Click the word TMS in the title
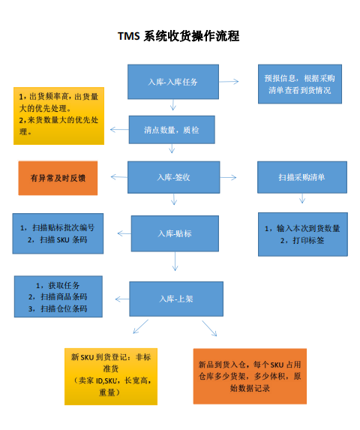129,36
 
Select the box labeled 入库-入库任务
173,82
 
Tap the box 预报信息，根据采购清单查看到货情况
300,84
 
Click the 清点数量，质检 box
172,130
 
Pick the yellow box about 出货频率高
59,116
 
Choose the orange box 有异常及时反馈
58,178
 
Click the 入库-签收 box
174,177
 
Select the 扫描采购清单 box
302,177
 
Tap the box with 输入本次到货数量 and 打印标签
303,234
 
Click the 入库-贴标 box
175,233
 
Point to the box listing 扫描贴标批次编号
58,233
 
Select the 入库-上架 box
176,299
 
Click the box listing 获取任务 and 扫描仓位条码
58,296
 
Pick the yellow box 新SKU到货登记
111,377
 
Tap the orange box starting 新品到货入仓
250,376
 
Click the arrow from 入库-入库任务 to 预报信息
229,82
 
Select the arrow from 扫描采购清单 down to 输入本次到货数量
302,198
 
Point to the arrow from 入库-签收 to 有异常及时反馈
119,177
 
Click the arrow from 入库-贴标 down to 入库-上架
175,261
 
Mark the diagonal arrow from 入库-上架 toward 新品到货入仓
209,328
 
